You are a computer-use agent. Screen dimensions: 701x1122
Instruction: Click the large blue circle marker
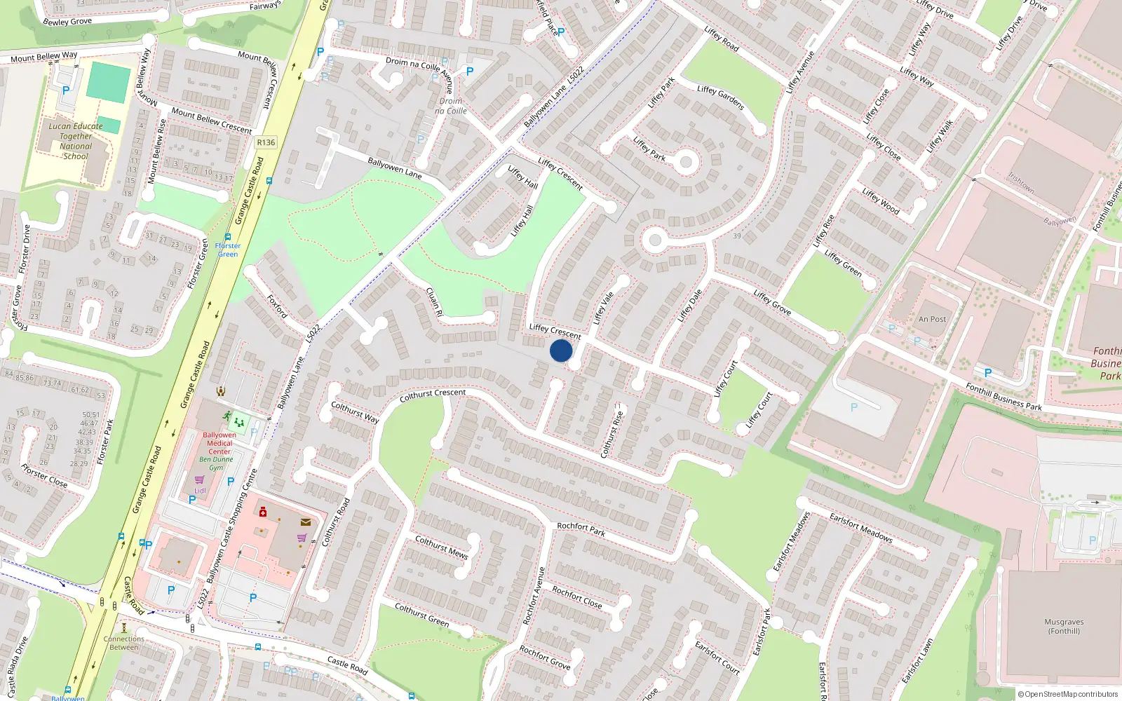point(561,350)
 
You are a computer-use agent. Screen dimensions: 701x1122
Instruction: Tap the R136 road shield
point(266,142)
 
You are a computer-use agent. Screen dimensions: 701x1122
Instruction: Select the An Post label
point(932,319)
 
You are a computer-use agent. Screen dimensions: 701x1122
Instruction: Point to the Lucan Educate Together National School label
point(76,141)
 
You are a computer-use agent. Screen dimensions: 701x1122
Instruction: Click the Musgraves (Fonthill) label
point(1064,626)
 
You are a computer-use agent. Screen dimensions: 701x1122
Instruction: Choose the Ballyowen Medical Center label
point(219,443)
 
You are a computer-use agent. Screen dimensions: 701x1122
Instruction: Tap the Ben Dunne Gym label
point(216,463)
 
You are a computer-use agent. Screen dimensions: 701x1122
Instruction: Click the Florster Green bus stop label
point(227,250)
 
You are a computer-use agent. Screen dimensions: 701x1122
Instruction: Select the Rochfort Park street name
point(581,529)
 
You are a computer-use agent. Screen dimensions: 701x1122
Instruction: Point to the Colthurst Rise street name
point(612,430)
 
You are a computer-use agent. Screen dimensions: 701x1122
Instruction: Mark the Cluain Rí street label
point(434,302)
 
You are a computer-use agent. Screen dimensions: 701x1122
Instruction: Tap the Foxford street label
point(277,306)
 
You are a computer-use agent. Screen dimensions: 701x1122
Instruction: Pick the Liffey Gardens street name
point(720,97)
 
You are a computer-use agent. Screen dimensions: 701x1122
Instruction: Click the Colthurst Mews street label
point(441,547)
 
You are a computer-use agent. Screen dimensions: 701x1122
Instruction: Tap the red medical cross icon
point(263,512)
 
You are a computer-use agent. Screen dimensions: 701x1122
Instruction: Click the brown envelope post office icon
point(306,522)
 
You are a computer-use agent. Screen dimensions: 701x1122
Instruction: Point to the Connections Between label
point(124,643)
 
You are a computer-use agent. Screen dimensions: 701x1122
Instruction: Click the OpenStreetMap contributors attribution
point(1067,694)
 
